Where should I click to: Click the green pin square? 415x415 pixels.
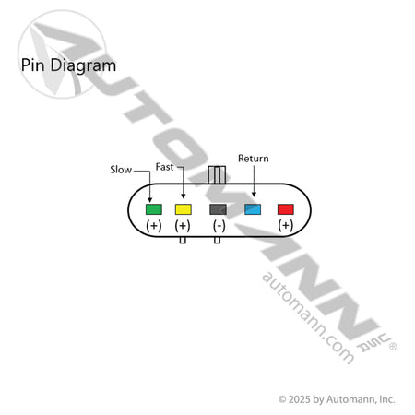tap(154, 209)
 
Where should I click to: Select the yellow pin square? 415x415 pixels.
tap(184, 209)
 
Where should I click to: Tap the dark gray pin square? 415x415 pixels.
tap(218, 209)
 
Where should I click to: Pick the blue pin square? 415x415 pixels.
tap(253, 209)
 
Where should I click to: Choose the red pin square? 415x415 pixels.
tap(286, 209)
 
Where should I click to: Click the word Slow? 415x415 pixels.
tap(121, 170)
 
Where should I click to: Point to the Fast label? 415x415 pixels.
tap(164, 167)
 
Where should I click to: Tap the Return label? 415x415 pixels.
tap(254, 159)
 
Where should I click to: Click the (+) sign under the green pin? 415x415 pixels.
tap(154, 226)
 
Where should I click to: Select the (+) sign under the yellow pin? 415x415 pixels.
tap(183, 226)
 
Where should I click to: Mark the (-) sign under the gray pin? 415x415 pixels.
tap(219, 226)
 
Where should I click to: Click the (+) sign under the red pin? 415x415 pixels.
tap(286, 226)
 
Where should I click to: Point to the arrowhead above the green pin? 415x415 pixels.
tap(150, 200)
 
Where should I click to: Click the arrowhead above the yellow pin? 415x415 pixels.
tap(184, 196)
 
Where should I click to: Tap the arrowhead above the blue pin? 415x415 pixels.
tap(254, 195)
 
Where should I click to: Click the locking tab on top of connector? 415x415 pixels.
tap(217, 174)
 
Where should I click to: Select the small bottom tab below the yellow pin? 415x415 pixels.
tap(183, 240)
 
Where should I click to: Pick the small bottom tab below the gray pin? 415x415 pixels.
tap(217, 240)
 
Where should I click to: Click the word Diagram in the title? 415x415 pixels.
tap(83, 66)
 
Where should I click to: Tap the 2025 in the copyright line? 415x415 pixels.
tap(300, 399)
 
